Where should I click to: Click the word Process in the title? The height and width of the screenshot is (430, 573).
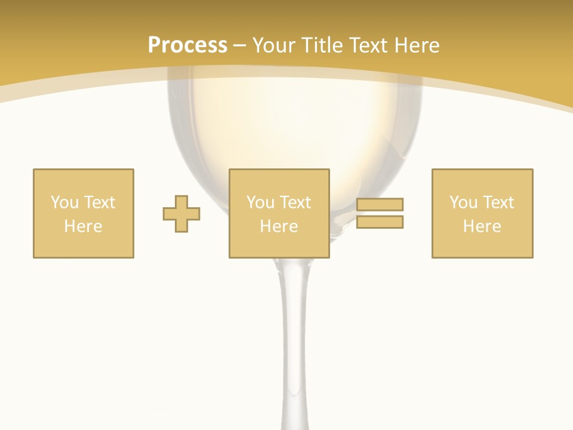coord(187,45)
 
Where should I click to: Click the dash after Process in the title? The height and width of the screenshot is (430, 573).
coord(239,45)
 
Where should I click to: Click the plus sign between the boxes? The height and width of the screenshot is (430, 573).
coord(181,214)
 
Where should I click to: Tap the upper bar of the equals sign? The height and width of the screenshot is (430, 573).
coord(380,204)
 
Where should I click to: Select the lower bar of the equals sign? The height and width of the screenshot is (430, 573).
coord(380,222)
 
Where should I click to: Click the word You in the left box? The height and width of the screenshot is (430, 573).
coord(64,202)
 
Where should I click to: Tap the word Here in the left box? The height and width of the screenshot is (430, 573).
coord(83,226)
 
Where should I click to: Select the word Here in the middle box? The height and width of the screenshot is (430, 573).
coord(279,226)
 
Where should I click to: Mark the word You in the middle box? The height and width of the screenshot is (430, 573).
coord(260,202)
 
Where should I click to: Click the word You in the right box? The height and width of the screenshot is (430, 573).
coord(463,202)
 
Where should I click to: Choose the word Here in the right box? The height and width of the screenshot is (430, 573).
coord(482,226)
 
